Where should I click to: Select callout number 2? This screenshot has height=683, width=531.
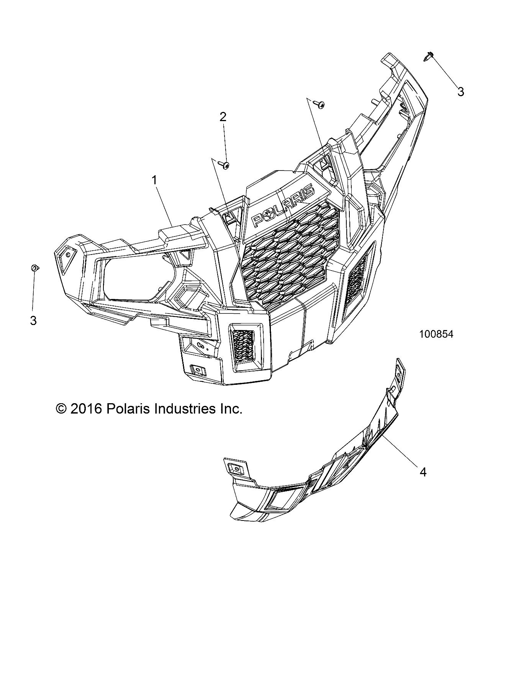(x=223, y=117)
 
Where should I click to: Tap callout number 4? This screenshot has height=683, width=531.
(x=423, y=472)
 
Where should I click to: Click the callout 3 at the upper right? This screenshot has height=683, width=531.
(x=461, y=92)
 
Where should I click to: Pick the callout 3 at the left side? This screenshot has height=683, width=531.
(x=33, y=320)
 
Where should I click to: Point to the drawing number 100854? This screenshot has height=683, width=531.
(x=436, y=334)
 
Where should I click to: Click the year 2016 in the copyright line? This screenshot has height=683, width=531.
(x=86, y=409)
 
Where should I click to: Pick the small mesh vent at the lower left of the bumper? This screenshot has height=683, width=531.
(x=243, y=346)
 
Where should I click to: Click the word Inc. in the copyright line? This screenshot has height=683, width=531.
(x=230, y=409)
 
